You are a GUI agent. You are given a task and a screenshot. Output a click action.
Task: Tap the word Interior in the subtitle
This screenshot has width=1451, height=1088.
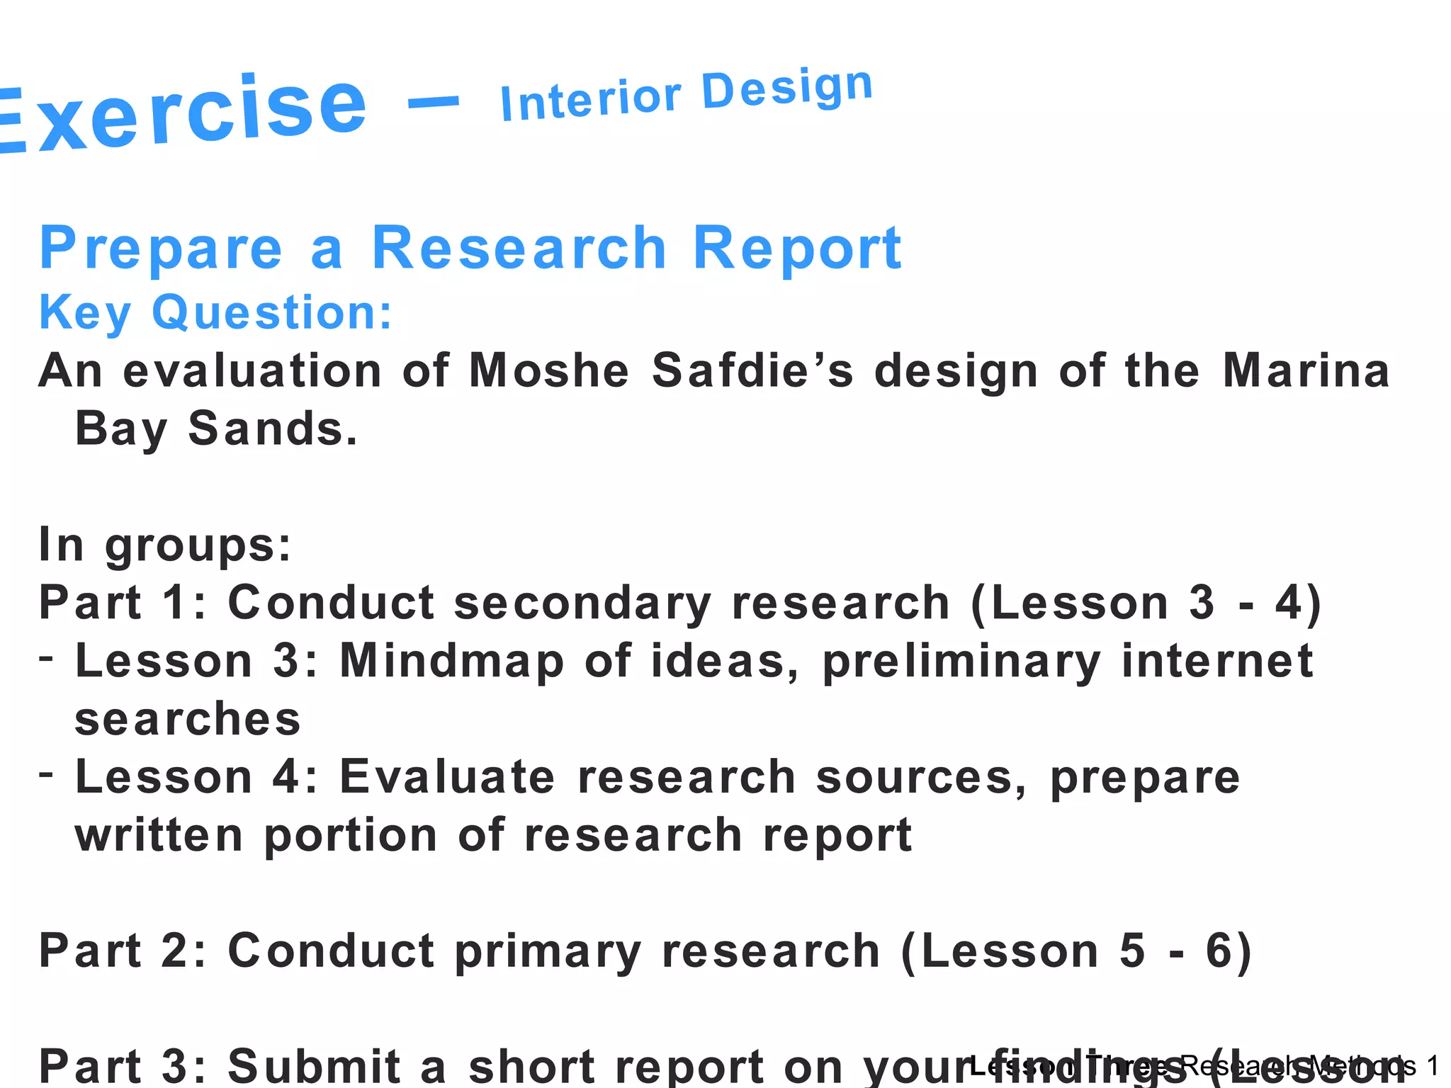pyautogui.click(x=590, y=101)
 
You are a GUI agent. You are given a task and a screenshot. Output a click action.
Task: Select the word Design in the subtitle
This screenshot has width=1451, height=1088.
pyautogui.click(x=786, y=91)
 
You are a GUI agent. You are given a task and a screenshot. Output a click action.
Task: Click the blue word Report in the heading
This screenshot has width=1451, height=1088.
pyautogui.click(x=796, y=248)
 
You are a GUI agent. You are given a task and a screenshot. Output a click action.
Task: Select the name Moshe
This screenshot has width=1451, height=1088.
pyautogui.click(x=549, y=370)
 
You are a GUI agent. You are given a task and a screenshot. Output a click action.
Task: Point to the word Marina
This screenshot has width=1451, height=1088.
pyautogui.click(x=1306, y=370)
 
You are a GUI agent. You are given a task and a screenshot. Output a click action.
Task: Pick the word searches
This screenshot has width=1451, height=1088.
pyautogui.click(x=188, y=720)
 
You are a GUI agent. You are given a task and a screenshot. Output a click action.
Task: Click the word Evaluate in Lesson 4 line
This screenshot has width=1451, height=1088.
pyautogui.click(x=447, y=777)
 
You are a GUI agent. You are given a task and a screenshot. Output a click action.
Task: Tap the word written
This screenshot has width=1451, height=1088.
pyautogui.click(x=159, y=835)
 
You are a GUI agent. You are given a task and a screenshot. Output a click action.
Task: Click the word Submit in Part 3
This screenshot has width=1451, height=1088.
pyautogui.click(x=315, y=1065)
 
